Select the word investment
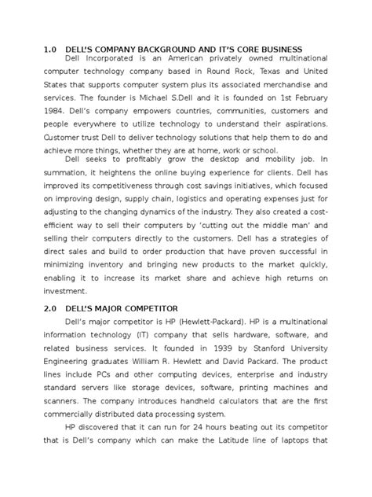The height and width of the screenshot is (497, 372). (69, 300)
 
